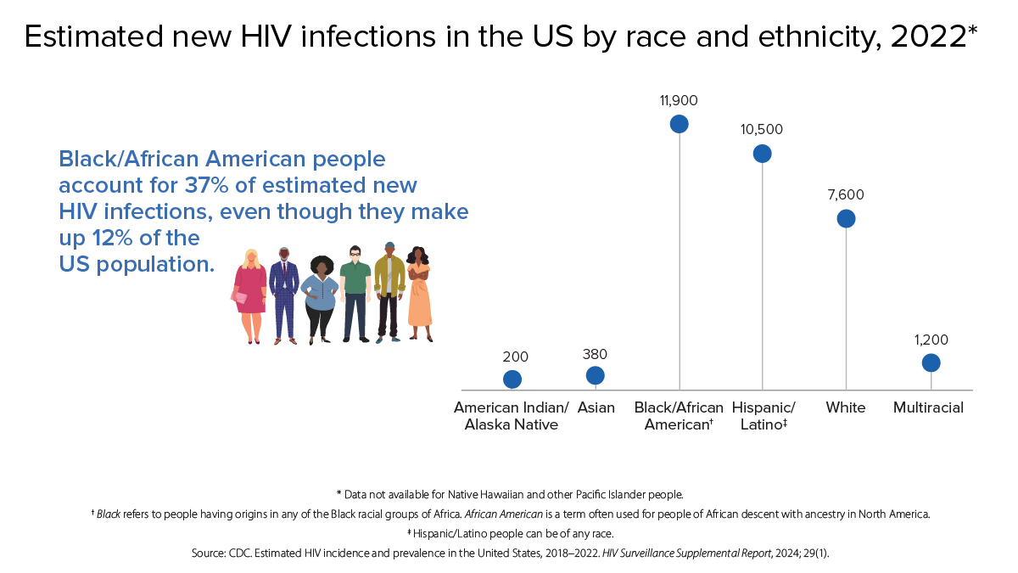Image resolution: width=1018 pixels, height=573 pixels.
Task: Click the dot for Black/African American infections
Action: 679,124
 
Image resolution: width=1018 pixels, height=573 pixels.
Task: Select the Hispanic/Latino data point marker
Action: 762,154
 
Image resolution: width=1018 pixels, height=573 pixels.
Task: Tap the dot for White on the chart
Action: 846,218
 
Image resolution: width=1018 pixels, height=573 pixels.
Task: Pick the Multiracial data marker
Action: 931,362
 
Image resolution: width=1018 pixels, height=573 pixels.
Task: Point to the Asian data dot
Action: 596,375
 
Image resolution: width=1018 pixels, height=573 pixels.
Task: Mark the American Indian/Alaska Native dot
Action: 512,379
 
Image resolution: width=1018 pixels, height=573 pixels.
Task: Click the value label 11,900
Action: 679,100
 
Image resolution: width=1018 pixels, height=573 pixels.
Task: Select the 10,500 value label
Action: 762,130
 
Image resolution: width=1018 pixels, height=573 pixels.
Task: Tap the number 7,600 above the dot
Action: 846,194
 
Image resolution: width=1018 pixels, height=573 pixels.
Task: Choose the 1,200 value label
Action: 931,340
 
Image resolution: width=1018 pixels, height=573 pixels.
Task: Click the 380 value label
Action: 596,354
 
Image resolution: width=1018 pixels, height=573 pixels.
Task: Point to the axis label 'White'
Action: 846,407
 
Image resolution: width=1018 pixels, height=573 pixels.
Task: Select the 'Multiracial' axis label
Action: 928,407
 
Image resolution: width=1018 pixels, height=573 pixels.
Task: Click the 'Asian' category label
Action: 596,407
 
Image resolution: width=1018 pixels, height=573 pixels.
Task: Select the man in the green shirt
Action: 355,293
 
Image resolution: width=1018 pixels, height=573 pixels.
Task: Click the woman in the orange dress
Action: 419,294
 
